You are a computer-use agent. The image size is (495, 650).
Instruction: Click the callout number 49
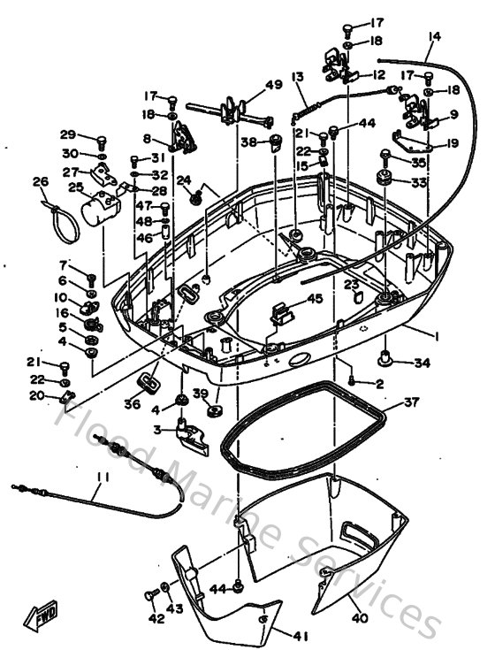point(274,85)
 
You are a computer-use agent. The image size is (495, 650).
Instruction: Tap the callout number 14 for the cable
point(433,37)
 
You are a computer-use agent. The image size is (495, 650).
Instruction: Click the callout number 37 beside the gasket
point(410,402)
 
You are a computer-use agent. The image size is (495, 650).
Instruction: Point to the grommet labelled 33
point(385,180)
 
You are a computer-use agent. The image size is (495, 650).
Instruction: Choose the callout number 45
point(315,299)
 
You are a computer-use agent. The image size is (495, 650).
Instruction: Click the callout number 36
point(133,403)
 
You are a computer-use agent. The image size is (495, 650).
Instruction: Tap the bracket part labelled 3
point(191,433)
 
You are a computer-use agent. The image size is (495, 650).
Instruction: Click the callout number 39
point(200,394)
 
